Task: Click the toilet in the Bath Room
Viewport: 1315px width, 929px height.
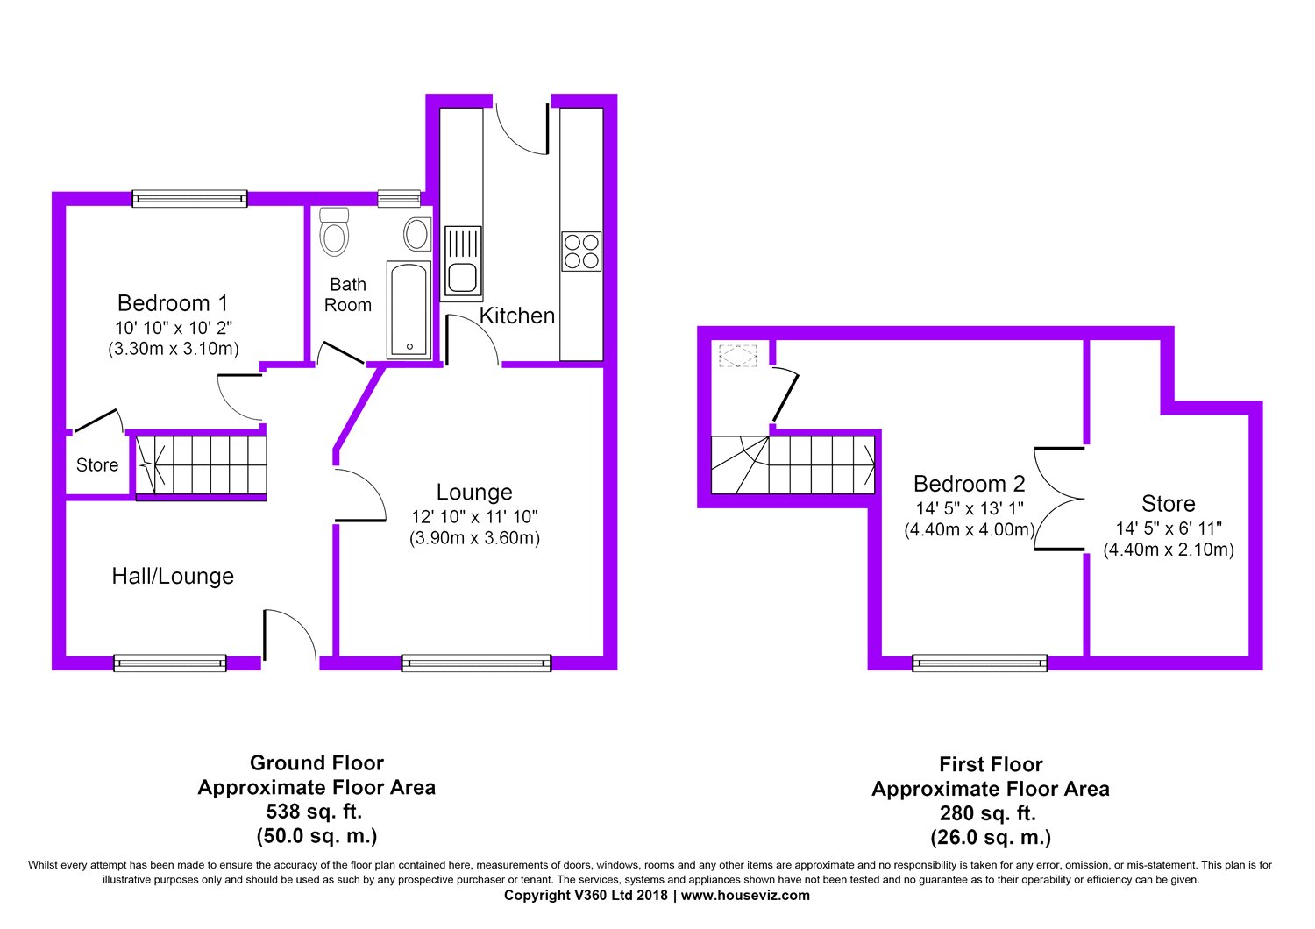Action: [335, 231]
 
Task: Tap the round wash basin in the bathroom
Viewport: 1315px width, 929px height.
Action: [416, 234]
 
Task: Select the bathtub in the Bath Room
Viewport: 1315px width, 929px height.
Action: [409, 310]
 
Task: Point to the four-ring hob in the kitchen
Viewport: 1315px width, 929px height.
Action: [581, 252]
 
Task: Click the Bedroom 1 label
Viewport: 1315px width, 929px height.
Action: [173, 303]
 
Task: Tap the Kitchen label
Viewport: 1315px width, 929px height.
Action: [516, 316]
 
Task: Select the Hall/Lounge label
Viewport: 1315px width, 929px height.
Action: [173, 577]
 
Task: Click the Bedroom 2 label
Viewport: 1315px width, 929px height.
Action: [970, 484]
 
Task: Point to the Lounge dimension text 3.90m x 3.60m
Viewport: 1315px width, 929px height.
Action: [474, 538]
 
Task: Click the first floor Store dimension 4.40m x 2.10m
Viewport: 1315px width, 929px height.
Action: [1169, 550]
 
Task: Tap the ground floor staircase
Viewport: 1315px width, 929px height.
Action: [202, 465]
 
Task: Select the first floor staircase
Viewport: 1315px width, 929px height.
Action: [793, 464]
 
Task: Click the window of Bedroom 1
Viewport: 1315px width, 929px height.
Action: [189, 199]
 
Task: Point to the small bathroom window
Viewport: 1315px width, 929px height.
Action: [399, 199]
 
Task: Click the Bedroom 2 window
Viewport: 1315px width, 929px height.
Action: [979, 663]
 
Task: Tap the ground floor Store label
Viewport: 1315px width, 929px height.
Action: [97, 465]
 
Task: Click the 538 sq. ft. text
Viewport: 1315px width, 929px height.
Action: [314, 812]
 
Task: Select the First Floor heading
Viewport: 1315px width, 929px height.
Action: [991, 765]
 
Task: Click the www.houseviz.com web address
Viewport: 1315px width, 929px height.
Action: [745, 896]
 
